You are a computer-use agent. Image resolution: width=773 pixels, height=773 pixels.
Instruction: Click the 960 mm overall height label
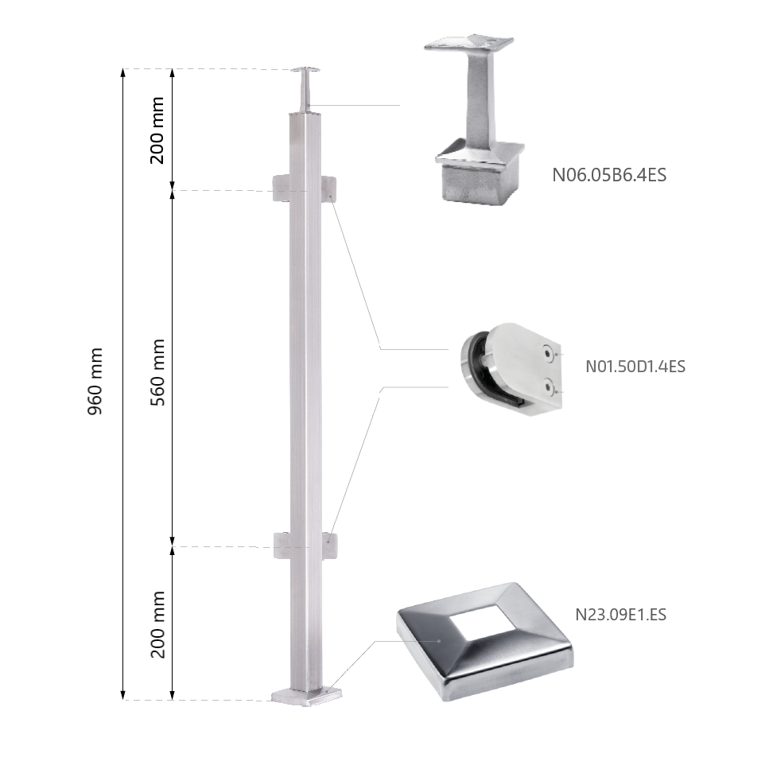pyautogui.click(x=95, y=381)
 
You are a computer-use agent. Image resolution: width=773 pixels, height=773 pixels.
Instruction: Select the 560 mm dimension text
pyautogui.click(x=157, y=372)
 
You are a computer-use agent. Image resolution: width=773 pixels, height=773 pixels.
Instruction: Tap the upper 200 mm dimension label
pyautogui.click(x=157, y=130)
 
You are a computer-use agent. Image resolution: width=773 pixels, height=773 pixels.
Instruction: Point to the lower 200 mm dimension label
pyautogui.click(x=157, y=624)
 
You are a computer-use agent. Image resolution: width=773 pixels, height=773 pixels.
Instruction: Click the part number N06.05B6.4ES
pyautogui.click(x=609, y=175)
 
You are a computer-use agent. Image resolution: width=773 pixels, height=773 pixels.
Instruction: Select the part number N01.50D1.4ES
pyautogui.click(x=635, y=367)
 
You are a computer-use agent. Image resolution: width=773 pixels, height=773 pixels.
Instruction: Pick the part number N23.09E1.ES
pyautogui.click(x=620, y=614)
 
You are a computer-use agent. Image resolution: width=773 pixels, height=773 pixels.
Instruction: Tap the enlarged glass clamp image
pyautogui.click(x=511, y=368)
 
